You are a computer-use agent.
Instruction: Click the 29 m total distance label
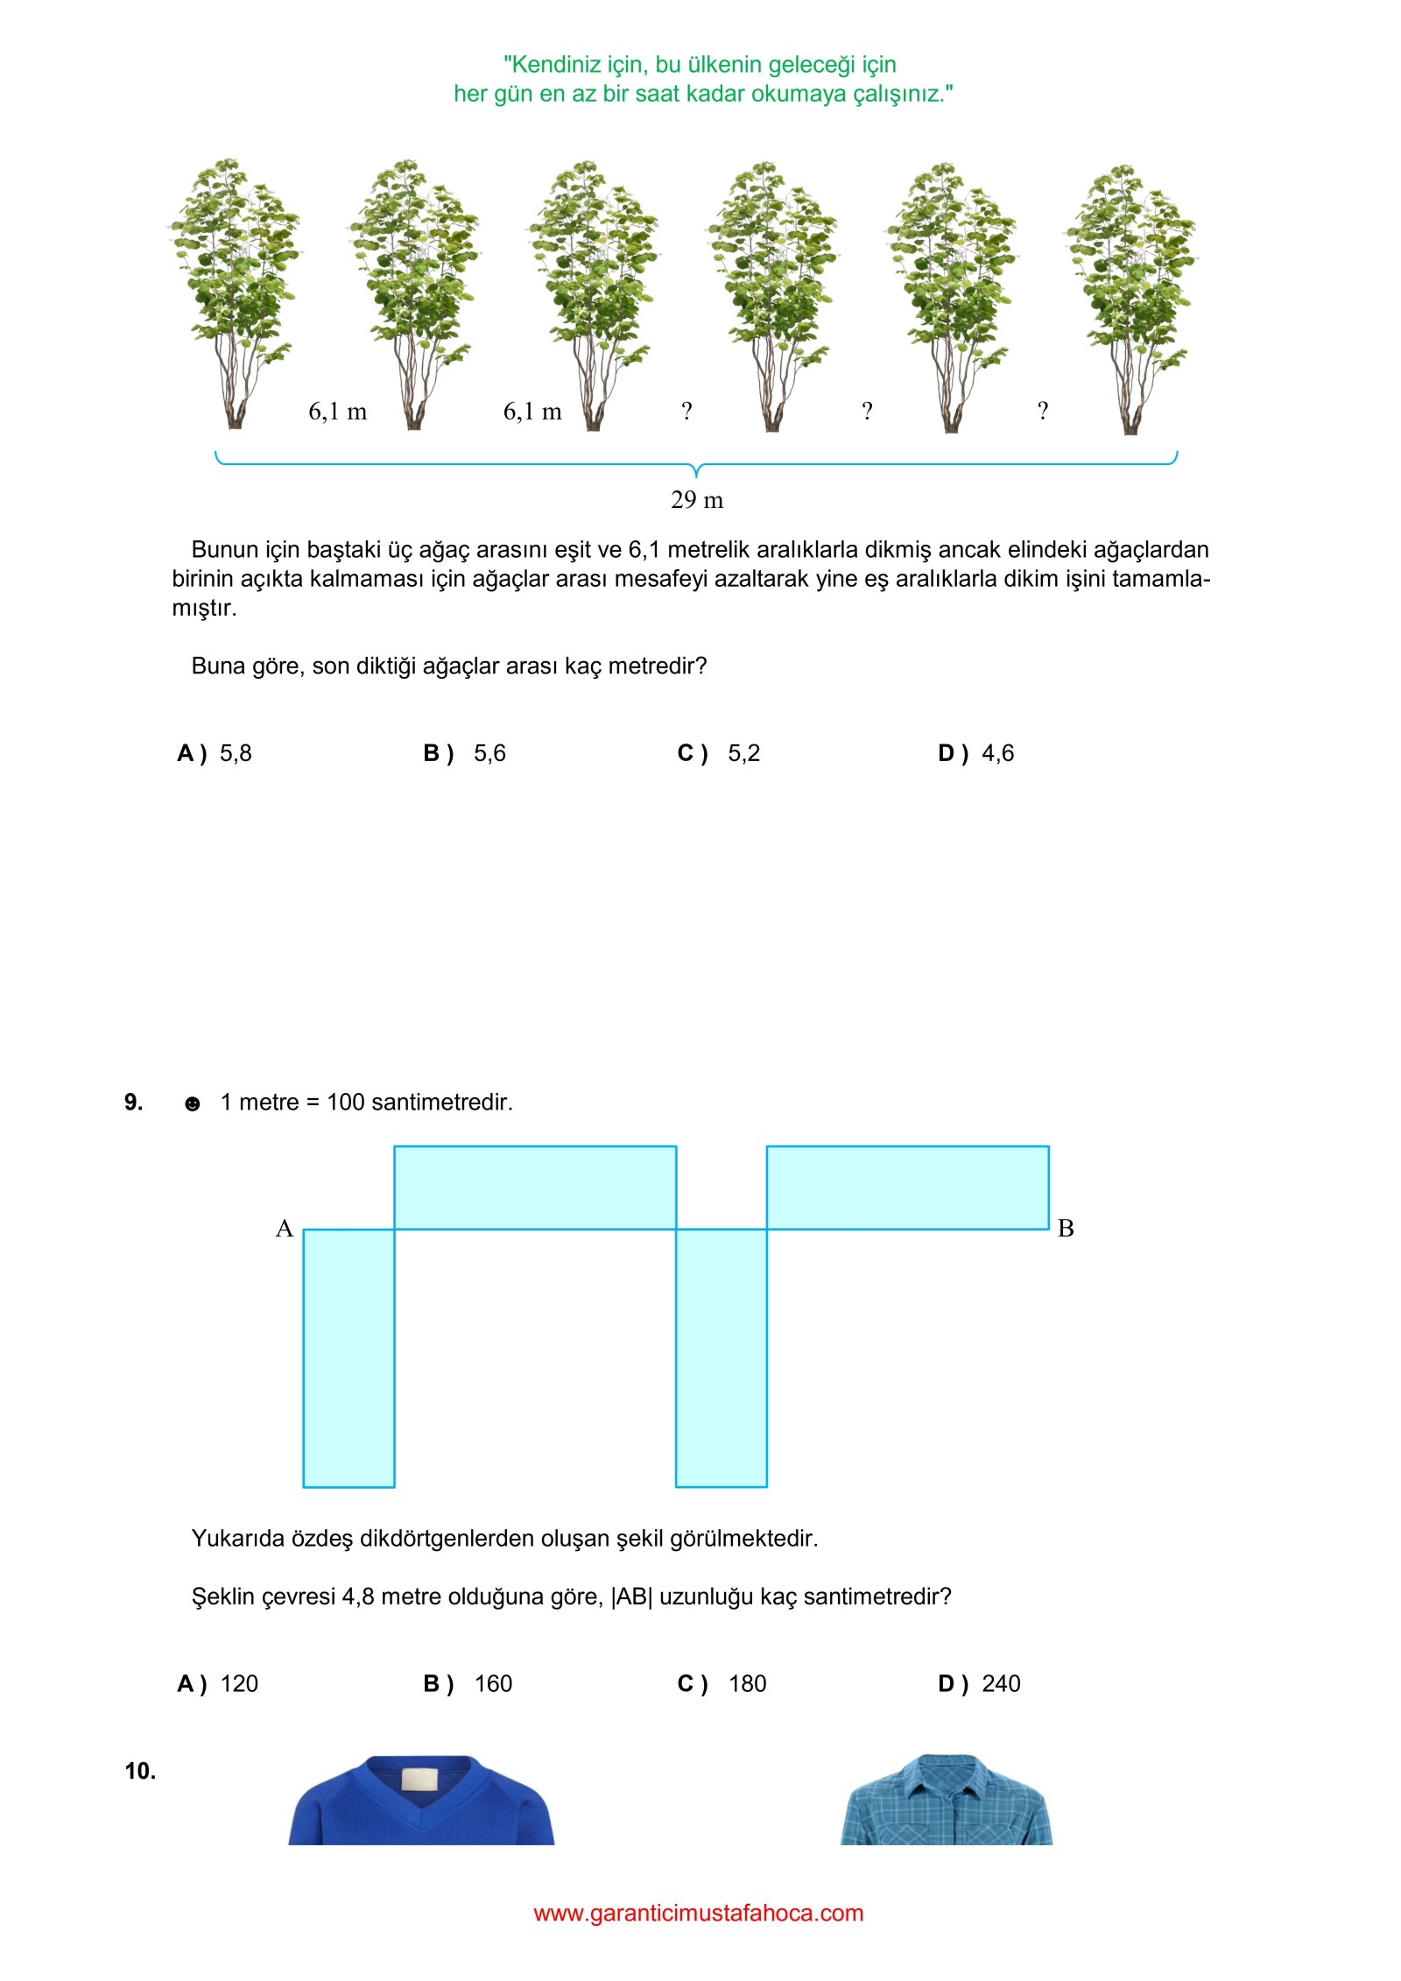coord(697,500)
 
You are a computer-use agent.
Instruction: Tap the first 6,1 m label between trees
coord(338,412)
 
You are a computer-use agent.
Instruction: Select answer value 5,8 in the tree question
coord(236,753)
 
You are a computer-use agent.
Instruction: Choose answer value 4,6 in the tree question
coord(997,753)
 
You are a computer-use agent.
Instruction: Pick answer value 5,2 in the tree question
coord(743,753)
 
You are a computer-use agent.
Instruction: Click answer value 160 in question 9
coord(493,1683)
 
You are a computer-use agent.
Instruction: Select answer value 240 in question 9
coord(1001,1683)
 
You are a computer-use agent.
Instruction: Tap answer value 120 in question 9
coord(239,1683)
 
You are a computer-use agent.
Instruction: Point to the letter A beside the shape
coord(284,1229)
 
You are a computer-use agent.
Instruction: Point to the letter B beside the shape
coord(1066,1229)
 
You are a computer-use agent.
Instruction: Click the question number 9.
coord(133,1102)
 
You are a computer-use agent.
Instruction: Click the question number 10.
coord(140,1771)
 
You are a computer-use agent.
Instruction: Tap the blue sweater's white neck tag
coord(419,1780)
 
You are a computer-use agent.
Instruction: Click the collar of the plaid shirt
coord(947,1769)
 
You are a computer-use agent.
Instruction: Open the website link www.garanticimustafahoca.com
coord(698,1913)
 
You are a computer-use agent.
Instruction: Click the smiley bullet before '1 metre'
coord(193,1103)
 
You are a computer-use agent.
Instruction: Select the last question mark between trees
coord(1042,411)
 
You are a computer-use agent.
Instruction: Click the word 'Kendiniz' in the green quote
coord(552,65)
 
